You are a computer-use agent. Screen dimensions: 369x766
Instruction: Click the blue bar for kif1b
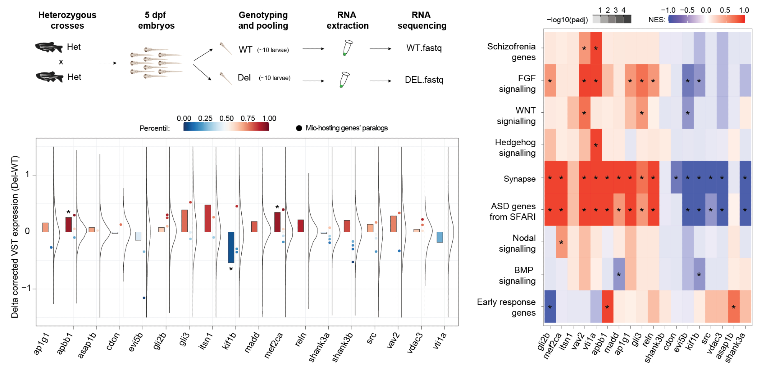(231, 247)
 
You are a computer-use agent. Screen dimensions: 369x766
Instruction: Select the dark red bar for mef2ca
(277, 222)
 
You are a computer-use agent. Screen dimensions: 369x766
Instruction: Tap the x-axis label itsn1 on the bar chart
(206, 341)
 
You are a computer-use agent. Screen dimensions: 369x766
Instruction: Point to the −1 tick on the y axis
(26, 288)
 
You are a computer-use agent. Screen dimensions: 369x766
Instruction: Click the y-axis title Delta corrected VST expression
(15, 236)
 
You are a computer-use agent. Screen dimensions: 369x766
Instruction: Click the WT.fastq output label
(424, 48)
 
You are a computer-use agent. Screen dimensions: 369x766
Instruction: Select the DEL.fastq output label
(424, 80)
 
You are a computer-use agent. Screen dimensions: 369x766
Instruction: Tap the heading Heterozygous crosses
(67, 20)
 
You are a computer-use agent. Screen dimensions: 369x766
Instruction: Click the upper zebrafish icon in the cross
(49, 47)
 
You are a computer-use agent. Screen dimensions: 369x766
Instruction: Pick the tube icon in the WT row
(347, 48)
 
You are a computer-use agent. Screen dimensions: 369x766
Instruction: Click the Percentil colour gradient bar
(226, 127)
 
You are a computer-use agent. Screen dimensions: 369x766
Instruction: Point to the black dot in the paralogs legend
(299, 128)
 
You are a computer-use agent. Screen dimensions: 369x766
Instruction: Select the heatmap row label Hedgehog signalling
(515, 148)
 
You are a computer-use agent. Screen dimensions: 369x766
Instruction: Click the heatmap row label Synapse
(519, 179)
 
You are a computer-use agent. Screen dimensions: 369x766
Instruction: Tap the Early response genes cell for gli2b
(550, 307)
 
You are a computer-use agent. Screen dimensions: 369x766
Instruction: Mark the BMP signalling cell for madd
(619, 274)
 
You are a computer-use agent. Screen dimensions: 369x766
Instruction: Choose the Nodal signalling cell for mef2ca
(561, 242)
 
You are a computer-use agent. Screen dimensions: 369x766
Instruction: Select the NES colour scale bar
(707, 19)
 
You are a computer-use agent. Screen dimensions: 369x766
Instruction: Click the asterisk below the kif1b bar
(231, 269)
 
